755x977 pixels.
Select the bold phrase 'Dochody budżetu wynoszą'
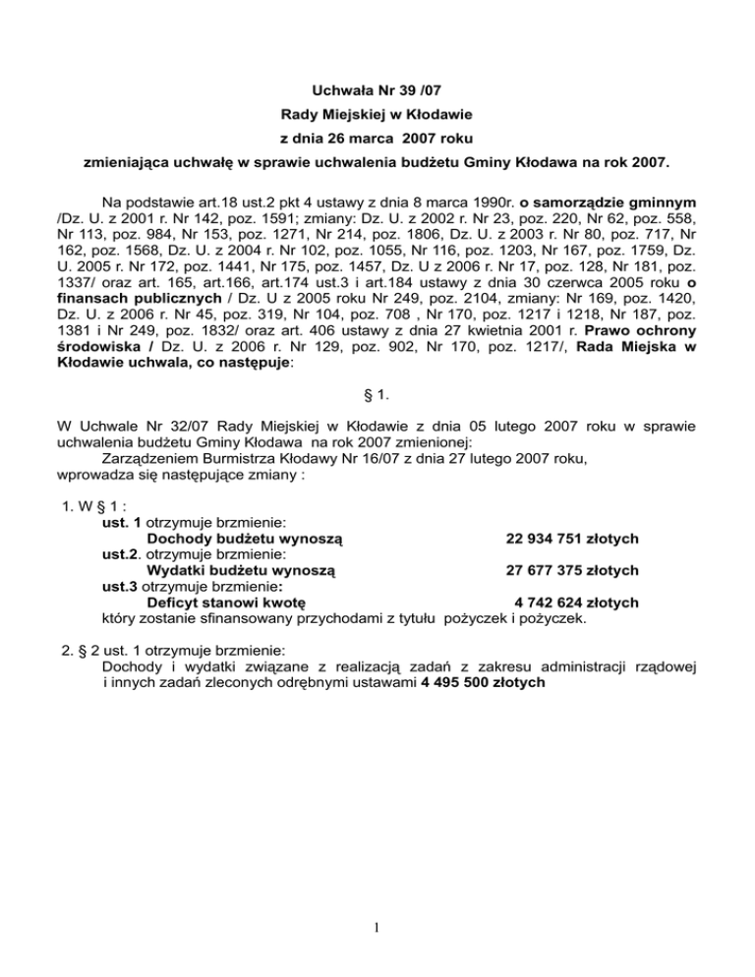point(244,540)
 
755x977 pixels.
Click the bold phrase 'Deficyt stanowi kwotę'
point(226,603)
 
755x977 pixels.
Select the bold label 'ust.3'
point(119,587)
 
